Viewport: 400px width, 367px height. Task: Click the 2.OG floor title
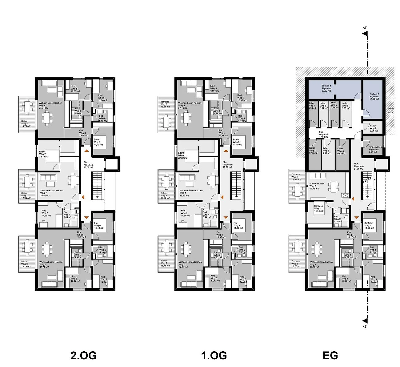[x=83, y=356]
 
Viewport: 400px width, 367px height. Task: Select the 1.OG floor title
[x=214, y=356]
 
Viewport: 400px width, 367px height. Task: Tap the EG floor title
[x=330, y=356]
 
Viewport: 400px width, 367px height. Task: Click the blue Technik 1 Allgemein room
[x=326, y=88]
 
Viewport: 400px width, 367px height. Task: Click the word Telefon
[x=390, y=109]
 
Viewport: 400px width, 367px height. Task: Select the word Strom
[x=390, y=113]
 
